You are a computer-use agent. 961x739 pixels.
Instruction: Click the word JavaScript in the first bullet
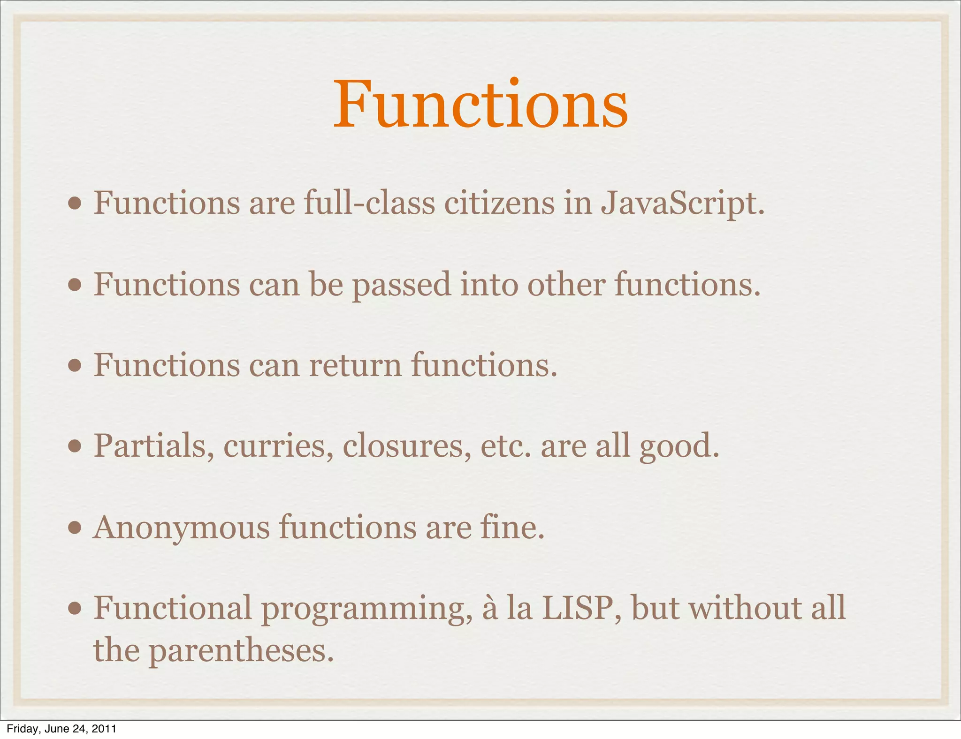(x=683, y=204)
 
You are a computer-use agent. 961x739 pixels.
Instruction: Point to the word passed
(x=402, y=285)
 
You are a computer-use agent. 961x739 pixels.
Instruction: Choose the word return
(x=355, y=365)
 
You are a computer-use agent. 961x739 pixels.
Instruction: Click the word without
(x=745, y=608)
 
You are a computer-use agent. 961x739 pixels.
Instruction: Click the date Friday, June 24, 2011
(x=61, y=729)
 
